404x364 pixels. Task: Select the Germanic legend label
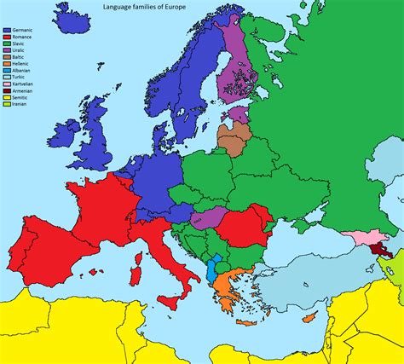coord(23,30)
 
